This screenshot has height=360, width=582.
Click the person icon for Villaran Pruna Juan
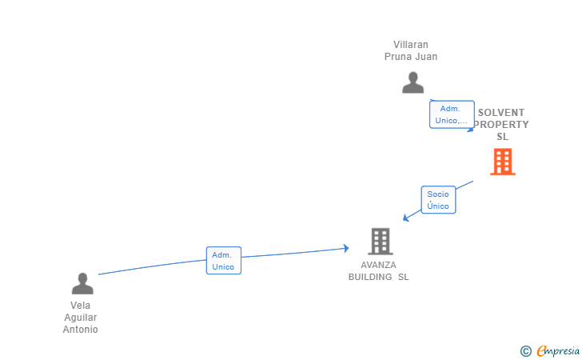click(413, 82)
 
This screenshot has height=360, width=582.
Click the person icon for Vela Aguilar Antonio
click(82, 283)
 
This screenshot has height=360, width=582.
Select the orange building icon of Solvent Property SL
click(502, 162)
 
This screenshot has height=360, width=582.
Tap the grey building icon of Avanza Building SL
click(380, 241)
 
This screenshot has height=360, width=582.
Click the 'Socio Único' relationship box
click(438, 200)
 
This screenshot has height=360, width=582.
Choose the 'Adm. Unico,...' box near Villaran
click(452, 114)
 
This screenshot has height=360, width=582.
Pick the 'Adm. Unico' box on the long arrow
click(223, 261)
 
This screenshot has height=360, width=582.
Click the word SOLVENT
click(501, 113)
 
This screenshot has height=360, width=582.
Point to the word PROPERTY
click(501, 125)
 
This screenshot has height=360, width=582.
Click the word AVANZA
click(378, 265)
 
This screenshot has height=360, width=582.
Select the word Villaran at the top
click(411, 45)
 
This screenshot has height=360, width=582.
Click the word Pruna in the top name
click(398, 57)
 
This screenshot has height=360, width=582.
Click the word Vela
click(81, 306)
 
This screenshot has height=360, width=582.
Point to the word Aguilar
click(81, 318)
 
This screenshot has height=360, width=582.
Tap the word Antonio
click(81, 330)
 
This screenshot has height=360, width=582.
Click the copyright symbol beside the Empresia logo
click(525, 350)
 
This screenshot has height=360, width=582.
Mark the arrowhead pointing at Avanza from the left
click(345, 249)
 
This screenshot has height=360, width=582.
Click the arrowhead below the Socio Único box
click(405, 218)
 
